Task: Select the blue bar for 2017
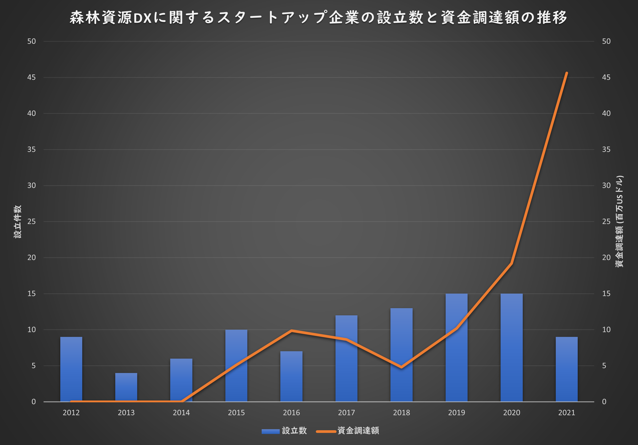[x=346, y=370]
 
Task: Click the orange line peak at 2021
[x=567, y=73]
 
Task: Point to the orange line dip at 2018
[x=401, y=367]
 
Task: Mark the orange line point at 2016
[x=291, y=331]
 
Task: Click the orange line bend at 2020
[x=511, y=263]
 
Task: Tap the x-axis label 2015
[x=236, y=412]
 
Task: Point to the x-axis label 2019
[x=456, y=412]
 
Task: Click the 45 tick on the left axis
[x=31, y=77]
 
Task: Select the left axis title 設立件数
[x=17, y=222]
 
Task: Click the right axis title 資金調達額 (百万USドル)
[x=619, y=222]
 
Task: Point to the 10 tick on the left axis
[x=31, y=330]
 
